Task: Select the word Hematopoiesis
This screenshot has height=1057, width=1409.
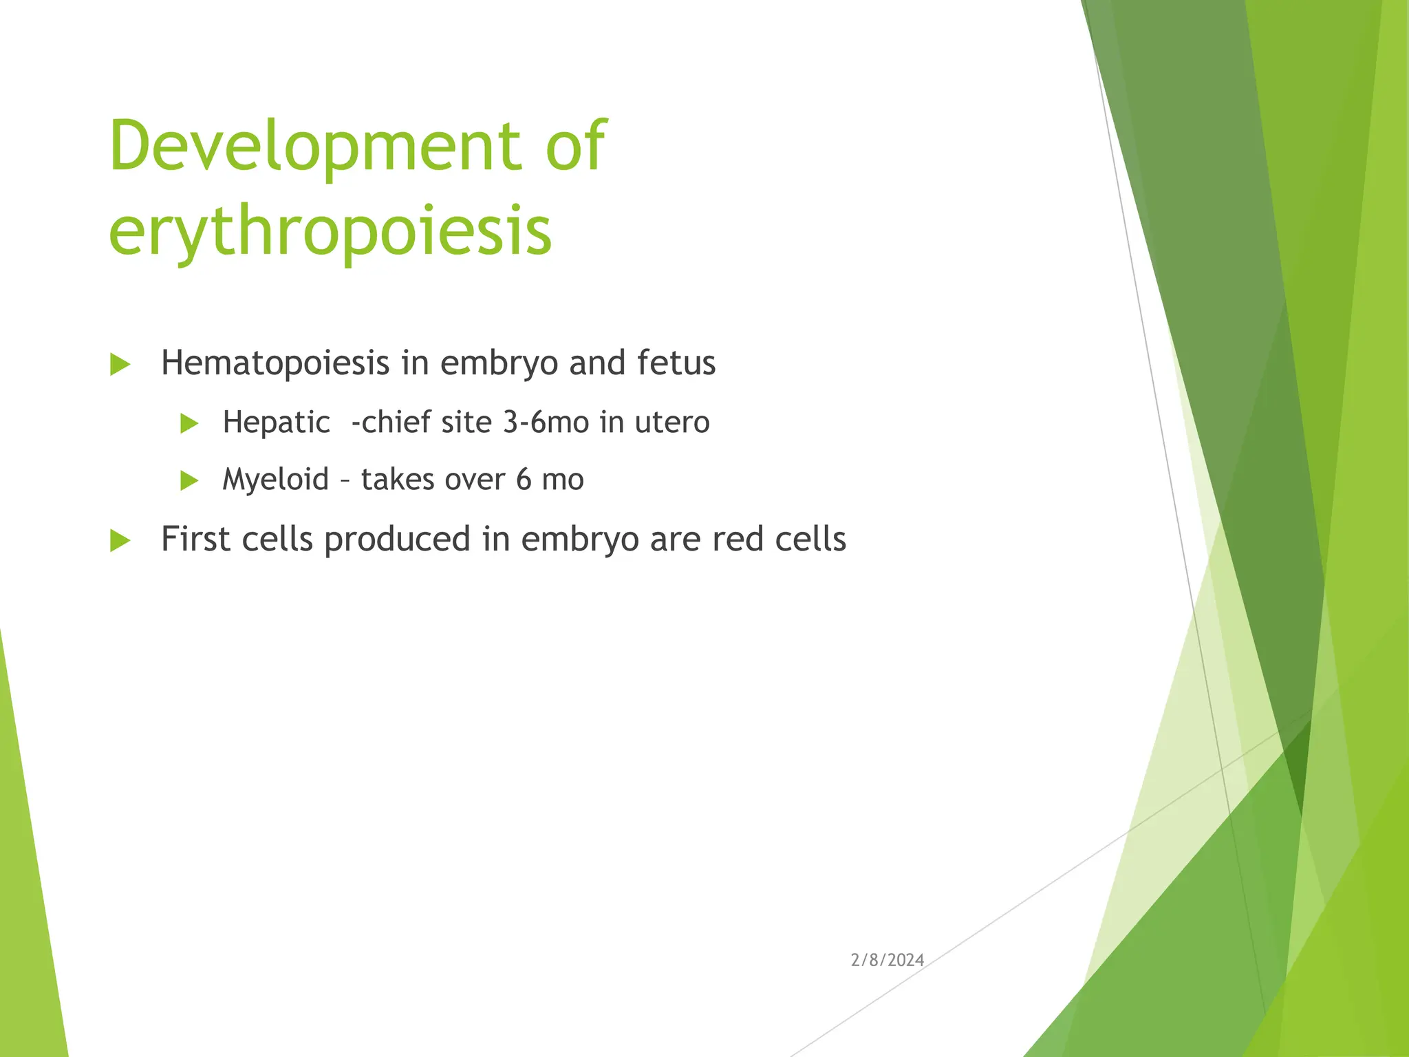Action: coord(275,363)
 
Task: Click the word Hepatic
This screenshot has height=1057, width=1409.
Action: coord(276,423)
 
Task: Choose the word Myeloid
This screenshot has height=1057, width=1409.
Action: coord(275,480)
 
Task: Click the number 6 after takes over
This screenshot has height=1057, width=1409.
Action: coord(524,480)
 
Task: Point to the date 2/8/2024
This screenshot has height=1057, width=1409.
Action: coord(887,960)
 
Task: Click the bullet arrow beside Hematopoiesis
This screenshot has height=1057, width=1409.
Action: coord(120,365)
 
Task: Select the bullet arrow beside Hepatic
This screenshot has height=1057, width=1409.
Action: coord(189,423)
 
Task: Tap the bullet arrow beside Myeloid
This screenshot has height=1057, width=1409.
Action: coord(189,480)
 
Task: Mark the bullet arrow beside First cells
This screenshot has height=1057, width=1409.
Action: coord(120,541)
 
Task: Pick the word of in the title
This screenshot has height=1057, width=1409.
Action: coord(575,146)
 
